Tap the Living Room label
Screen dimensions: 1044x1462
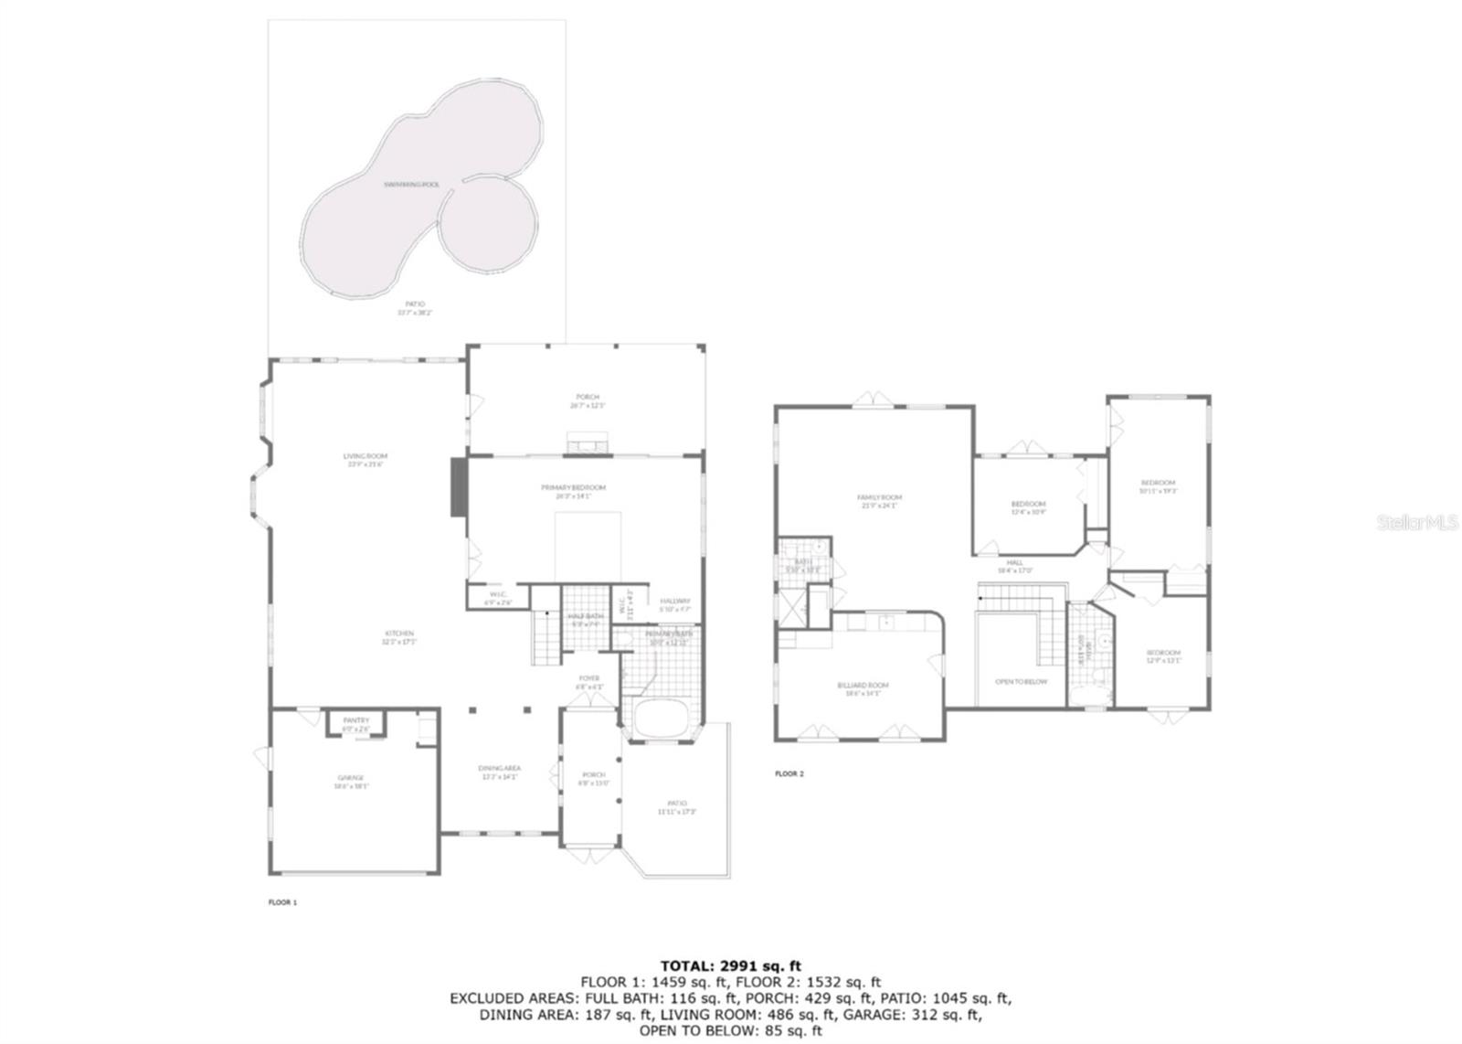(365, 456)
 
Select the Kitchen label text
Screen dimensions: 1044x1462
(398, 634)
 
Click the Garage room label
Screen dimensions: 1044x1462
(351, 778)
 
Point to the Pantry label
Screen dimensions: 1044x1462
(356, 720)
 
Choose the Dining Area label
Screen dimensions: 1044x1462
(500, 768)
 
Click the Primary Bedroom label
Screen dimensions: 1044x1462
(573, 488)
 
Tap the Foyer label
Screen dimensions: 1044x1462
(589, 678)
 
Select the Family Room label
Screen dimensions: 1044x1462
(879, 497)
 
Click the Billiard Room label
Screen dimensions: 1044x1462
(863, 685)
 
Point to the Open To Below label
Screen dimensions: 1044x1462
(1021, 682)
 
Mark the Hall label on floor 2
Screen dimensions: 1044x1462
(1015, 563)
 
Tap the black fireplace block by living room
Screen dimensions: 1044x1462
(458, 487)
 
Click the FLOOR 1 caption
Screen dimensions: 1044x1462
(282, 902)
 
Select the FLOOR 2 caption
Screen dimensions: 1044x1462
(789, 773)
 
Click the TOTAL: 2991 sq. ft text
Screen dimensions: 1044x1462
(730, 965)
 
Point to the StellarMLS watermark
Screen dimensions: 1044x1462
(1416, 523)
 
